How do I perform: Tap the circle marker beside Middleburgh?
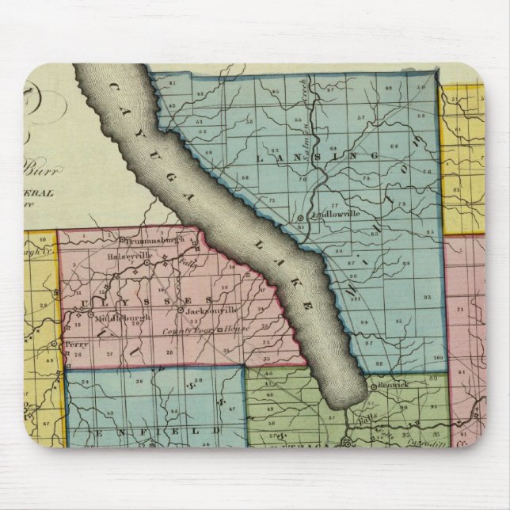point(93,314)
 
